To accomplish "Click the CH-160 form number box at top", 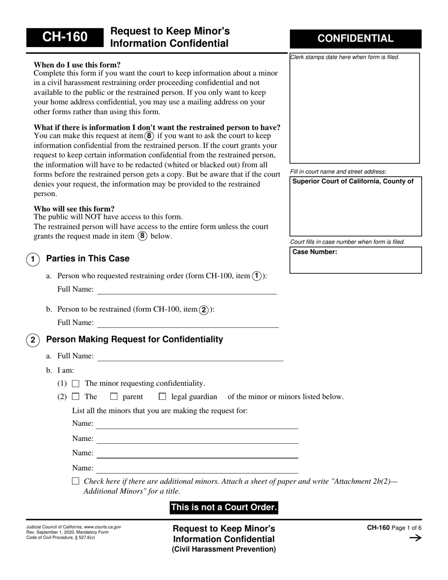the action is point(64,38).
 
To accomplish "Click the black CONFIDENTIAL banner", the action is point(355,39).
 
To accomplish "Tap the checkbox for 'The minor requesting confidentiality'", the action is point(75,384).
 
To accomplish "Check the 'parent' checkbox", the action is point(114,397).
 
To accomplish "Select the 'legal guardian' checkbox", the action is point(162,397).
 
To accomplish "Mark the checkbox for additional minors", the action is point(75,481).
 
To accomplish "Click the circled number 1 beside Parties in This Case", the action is point(33,259).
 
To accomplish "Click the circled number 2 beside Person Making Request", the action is point(33,340).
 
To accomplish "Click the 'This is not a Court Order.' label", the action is point(224,508).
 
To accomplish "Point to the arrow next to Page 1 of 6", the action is point(415,538).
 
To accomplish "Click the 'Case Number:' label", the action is point(315,252).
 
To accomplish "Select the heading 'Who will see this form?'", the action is point(74,209).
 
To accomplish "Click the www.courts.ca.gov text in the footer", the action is point(102,527).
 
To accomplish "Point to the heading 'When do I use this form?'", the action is point(77,65).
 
